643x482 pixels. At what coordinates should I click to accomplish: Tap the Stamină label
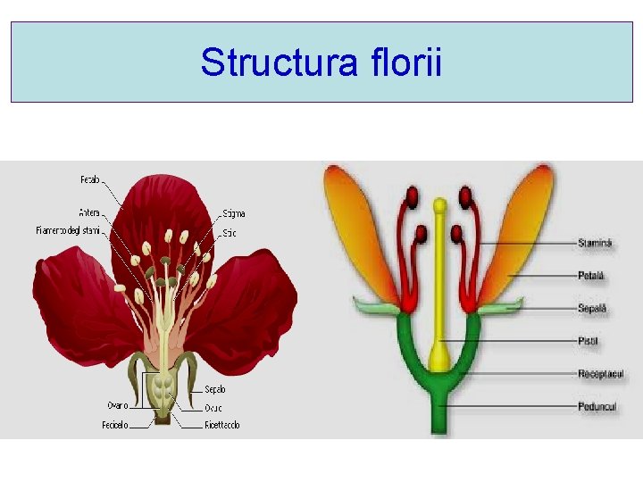pos(595,242)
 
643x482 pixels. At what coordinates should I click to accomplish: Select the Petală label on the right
pos(591,276)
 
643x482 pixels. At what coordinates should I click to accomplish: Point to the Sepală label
pos(592,308)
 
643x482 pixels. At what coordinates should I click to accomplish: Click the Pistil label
pos(589,341)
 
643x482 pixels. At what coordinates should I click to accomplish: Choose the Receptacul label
pos(600,374)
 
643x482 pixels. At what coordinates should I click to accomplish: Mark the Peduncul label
pos(597,406)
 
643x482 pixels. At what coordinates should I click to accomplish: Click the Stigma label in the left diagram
pos(233,213)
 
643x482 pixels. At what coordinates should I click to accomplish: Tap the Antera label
pos(89,212)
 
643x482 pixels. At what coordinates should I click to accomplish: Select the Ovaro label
pos(118,405)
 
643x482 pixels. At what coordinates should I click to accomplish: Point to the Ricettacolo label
pos(222,425)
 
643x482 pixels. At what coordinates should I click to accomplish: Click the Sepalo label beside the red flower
pos(215,389)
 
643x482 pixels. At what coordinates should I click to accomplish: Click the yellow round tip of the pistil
pos(438,205)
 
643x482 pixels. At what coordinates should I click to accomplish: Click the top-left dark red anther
pos(413,195)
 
